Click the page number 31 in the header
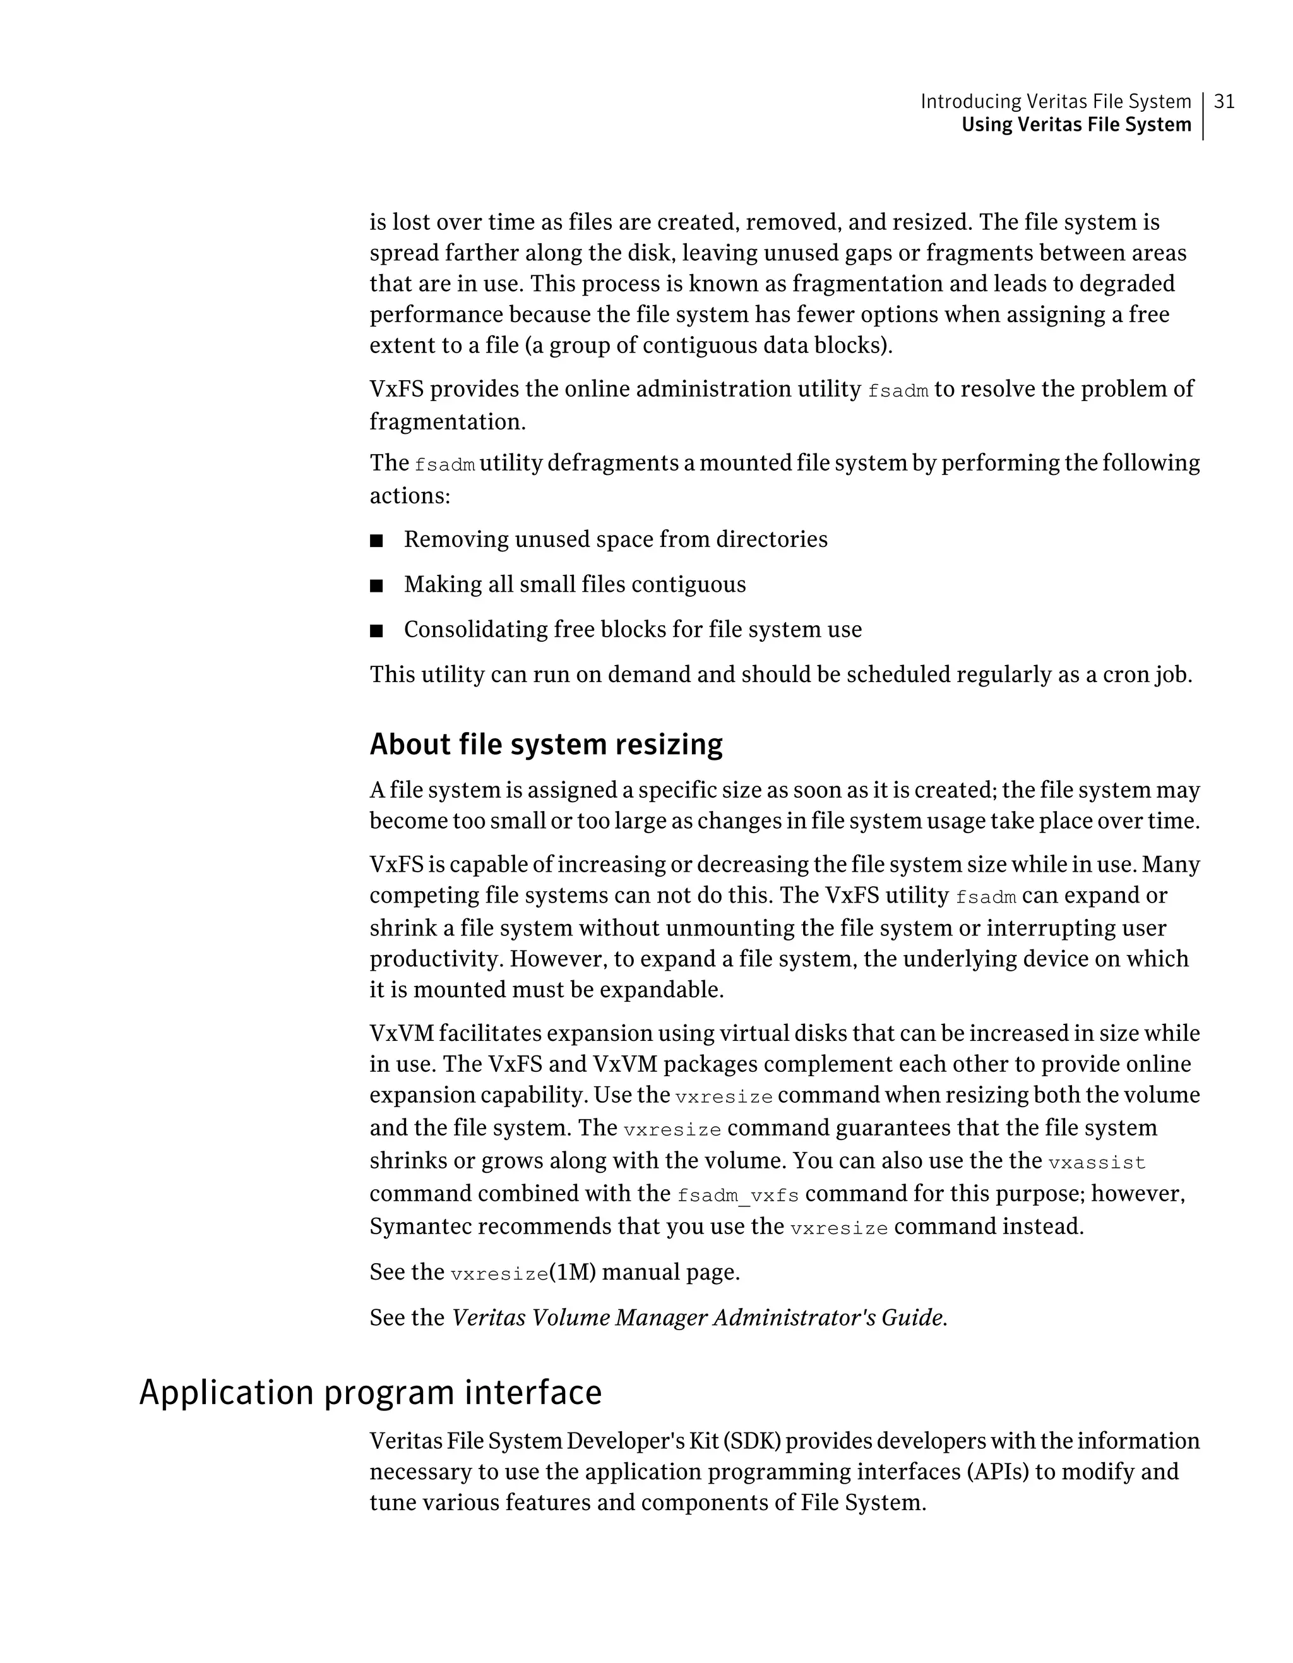pos(1224,101)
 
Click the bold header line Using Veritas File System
pos(1076,125)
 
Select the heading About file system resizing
pos(545,744)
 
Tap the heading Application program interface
pos(371,1393)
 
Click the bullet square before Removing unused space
pos(376,541)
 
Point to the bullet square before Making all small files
pos(376,586)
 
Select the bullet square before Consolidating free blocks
pos(376,631)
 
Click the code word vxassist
pos(1097,1163)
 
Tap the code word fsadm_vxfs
pos(737,1196)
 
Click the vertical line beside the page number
pos(1203,116)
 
